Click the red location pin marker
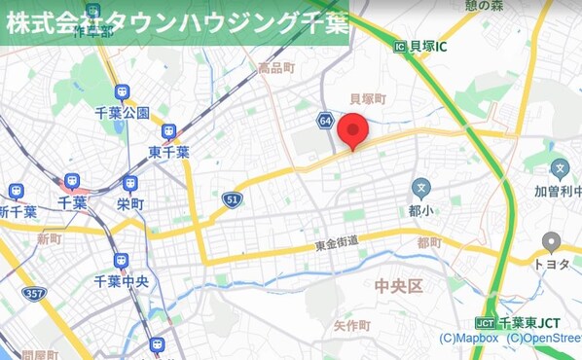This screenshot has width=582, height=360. [356, 130]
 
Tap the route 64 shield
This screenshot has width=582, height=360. [324, 120]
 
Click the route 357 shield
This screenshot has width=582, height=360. [35, 293]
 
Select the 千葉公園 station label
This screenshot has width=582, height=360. [122, 112]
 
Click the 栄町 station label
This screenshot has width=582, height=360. [129, 204]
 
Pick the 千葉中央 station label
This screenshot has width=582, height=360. [121, 281]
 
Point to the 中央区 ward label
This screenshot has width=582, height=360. [399, 285]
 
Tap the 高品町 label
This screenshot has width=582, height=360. [275, 68]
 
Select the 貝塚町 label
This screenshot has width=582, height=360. [368, 99]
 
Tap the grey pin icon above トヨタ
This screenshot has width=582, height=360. [552, 241]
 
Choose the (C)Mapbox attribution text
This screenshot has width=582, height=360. [469, 339]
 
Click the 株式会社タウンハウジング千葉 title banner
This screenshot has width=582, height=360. [174, 23]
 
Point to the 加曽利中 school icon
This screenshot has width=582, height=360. [559, 168]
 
